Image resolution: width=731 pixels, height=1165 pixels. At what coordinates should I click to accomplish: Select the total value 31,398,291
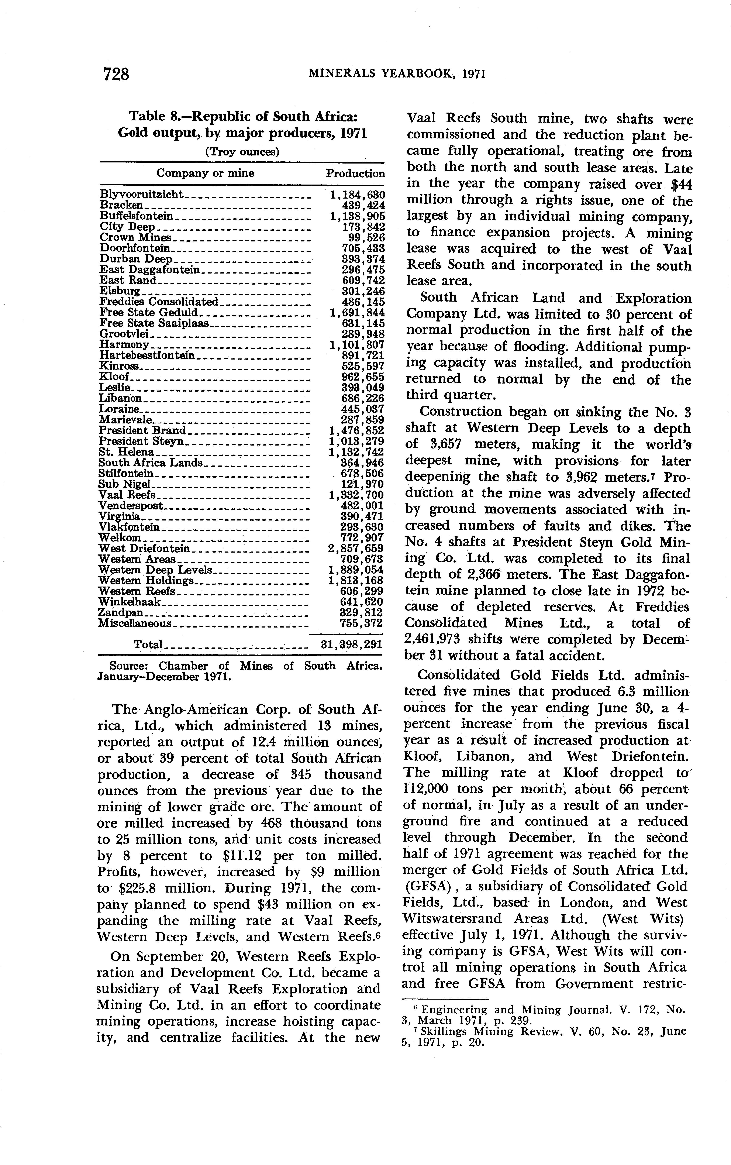click(352, 644)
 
